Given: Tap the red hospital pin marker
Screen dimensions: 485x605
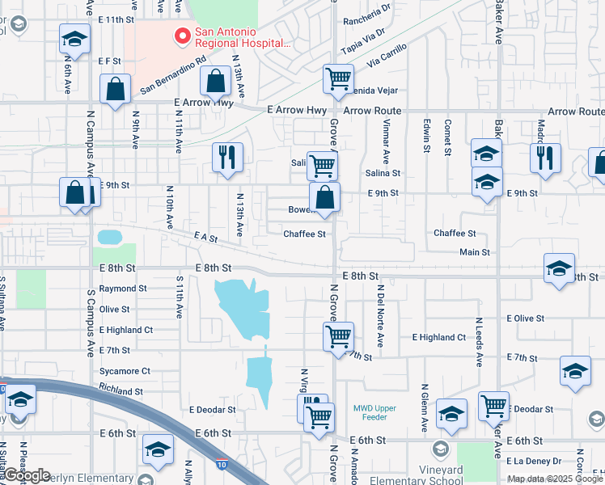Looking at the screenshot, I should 182,36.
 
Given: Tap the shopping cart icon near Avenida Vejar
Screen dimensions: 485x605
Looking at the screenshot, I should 338,79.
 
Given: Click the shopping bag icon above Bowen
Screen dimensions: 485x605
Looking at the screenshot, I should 324,197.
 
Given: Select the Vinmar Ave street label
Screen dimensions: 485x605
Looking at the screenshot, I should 386,142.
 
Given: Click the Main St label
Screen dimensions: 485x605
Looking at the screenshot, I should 475,252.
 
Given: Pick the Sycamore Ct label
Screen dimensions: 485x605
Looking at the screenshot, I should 124,371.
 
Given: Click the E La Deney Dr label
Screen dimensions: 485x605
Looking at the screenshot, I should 533,461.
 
